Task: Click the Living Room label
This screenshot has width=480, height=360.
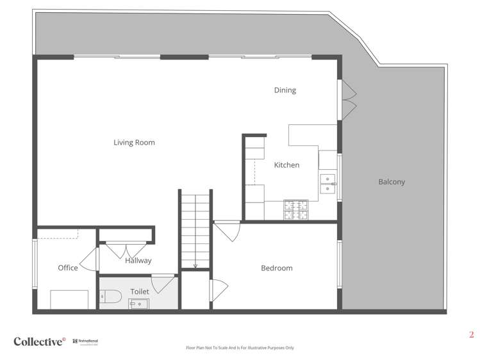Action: tap(135, 142)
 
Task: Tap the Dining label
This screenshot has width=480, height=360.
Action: tap(285, 90)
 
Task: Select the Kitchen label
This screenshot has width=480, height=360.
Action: tap(286, 165)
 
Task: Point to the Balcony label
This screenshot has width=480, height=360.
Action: tap(392, 182)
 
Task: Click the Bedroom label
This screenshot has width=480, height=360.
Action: tap(276, 268)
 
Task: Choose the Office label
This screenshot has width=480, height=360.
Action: tap(67, 268)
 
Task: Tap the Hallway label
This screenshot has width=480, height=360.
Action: tap(138, 261)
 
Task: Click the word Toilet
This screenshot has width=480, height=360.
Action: tap(139, 291)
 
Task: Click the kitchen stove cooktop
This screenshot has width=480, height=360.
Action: tap(295, 208)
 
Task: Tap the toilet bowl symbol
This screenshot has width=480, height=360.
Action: tap(111, 297)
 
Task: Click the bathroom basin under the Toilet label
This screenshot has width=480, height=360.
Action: tap(138, 304)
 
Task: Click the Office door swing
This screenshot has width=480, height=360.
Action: tap(92, 259)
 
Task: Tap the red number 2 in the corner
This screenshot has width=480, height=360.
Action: tap(471, 334)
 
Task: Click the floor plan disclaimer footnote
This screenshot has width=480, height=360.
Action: tap(240, 348)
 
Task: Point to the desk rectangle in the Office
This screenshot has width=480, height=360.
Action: tap(69, 300)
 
